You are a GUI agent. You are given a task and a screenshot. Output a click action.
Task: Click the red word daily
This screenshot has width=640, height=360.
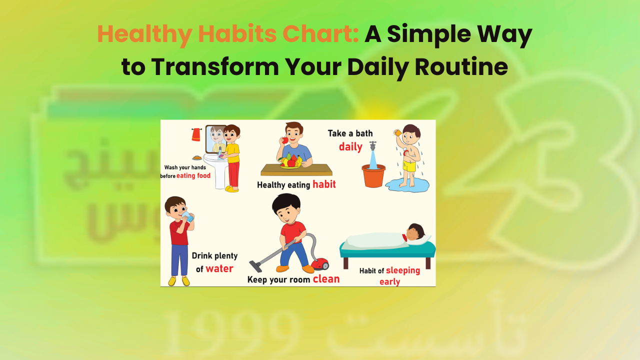[350, 147]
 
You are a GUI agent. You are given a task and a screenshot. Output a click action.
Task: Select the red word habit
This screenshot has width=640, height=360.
[324, 184]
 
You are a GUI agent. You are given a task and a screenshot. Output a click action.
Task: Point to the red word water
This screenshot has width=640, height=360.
[219, 268]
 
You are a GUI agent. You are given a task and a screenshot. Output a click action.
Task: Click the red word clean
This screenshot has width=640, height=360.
[326, 279]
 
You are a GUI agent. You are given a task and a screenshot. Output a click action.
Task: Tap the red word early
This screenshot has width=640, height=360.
[389, 281]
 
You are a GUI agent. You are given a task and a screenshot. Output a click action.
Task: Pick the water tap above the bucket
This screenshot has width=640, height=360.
[372, 146]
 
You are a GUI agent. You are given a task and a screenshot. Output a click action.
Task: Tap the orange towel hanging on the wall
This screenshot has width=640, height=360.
[196, 134]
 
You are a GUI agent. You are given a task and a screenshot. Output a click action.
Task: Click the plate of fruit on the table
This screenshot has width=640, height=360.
[290, 162]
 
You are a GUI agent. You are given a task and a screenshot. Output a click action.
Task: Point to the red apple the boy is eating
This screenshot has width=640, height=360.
[285, 140]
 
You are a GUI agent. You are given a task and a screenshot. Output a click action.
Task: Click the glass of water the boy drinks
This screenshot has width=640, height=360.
[187, 216]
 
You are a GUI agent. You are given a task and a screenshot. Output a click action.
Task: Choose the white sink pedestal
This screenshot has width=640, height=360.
[220, 177]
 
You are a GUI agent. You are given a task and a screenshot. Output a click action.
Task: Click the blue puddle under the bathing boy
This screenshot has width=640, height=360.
[406, 186]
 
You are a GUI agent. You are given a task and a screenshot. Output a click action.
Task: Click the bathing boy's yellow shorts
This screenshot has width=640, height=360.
[409, 166]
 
